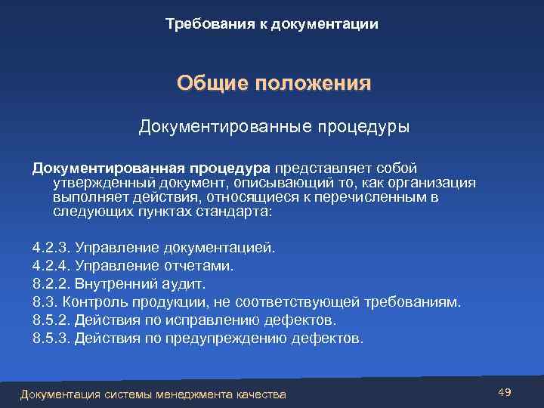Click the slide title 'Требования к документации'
[x=272, y=25]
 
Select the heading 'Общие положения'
[x=274, y=82]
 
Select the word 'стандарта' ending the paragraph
[x=234, y=212]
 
